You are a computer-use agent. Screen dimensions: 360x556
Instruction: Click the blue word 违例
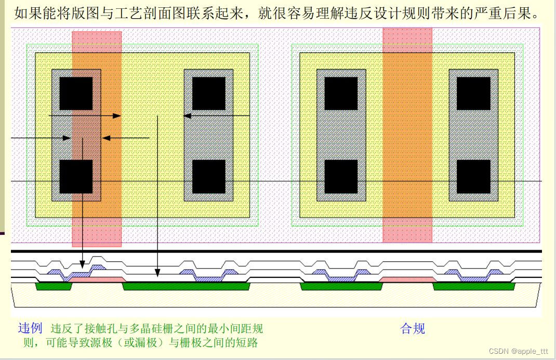pyautogui.click(x=30, y=328)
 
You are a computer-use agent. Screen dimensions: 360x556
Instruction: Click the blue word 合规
pyautogui.click(x=413, y=328)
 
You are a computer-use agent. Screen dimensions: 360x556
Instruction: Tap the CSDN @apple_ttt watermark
pyautogui.click(x=519, y=352)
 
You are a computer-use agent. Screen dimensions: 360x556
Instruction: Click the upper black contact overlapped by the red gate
pyautogui.click(x=76, y=94)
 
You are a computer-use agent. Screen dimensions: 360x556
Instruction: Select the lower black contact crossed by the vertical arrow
pyautogui.click(x=76, y=176)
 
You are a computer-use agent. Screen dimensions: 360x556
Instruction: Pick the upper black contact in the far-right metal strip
pyautogui.click(x=473, y=94)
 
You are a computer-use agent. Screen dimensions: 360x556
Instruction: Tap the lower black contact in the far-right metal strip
pyautogui.click(x=473, y=176)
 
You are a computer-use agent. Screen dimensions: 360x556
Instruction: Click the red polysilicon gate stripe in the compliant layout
pyautogui.click(x=407, y=135)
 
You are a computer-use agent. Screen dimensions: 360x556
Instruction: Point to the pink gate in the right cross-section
pyautogui.click(x=407, y=279)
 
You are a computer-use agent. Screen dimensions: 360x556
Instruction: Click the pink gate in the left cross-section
pyautogui.click(x=96, y=280)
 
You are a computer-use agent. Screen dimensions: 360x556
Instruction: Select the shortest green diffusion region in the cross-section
pyautogui.click(x=53, y=286)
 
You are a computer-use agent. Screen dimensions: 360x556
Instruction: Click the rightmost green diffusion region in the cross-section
pyautogui.click(x=473, y=286)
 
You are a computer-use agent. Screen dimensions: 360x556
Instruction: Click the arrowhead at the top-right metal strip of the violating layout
pyautogui.click(x=187, y=115)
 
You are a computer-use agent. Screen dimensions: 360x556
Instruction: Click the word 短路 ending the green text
pyautogui.click(x=248, y=342)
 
